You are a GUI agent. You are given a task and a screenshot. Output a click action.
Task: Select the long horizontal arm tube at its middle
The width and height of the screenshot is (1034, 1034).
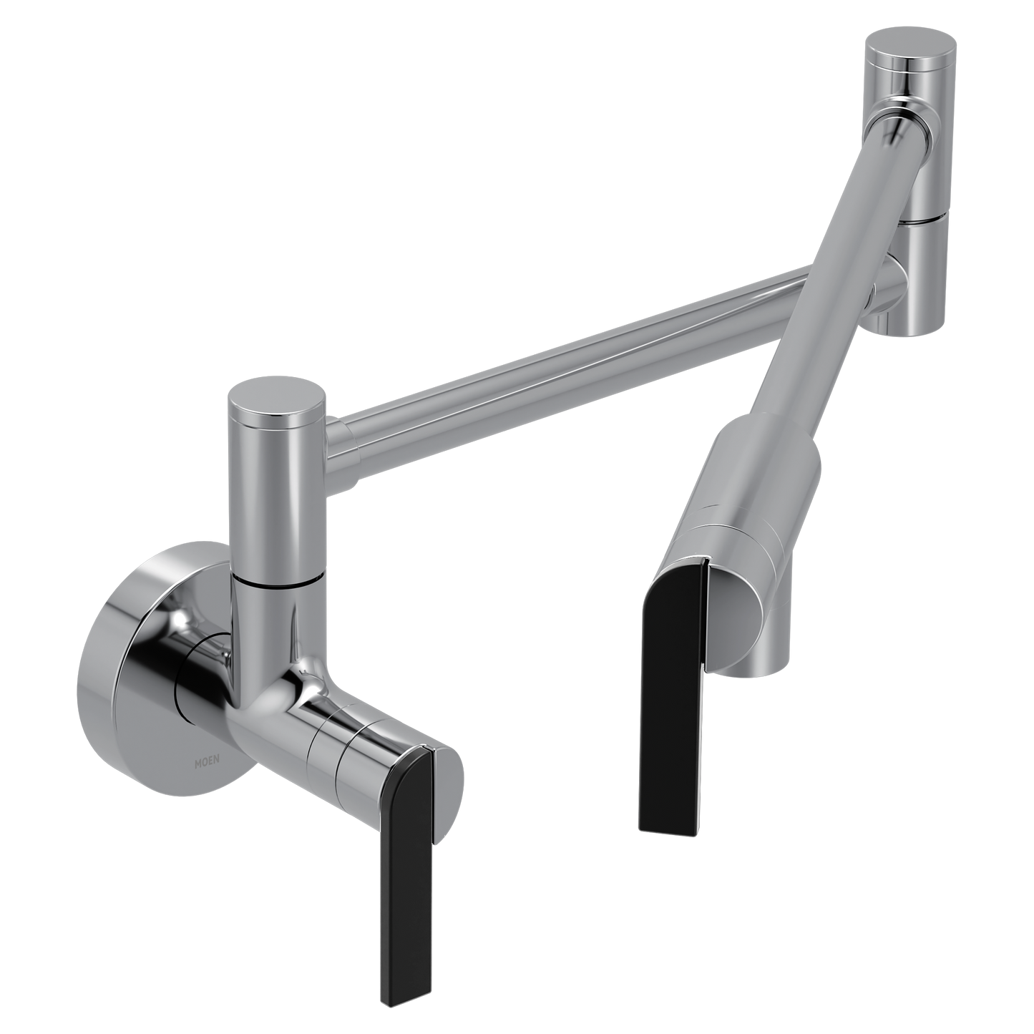click(x=572, y=351)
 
